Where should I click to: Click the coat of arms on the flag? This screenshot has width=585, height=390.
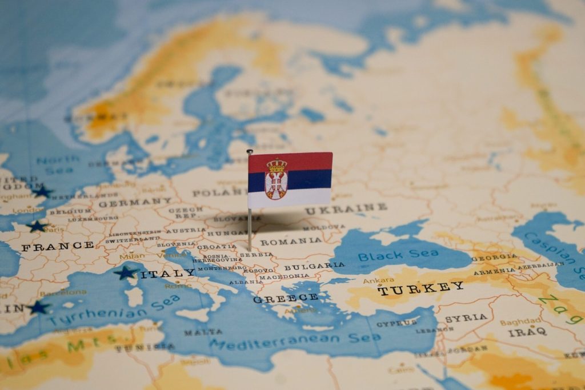(276, 179)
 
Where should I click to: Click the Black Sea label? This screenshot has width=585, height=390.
(390, 254)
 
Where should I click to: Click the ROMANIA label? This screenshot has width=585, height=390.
(291, 242)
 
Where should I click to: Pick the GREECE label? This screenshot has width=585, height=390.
(286, 298)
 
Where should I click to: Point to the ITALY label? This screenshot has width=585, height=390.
(168, 274)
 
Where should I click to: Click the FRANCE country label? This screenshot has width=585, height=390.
(57, 247)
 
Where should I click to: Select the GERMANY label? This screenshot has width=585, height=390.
(135, 203)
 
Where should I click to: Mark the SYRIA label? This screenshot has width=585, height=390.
(466, 318)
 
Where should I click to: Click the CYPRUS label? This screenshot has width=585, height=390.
(396, 323)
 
